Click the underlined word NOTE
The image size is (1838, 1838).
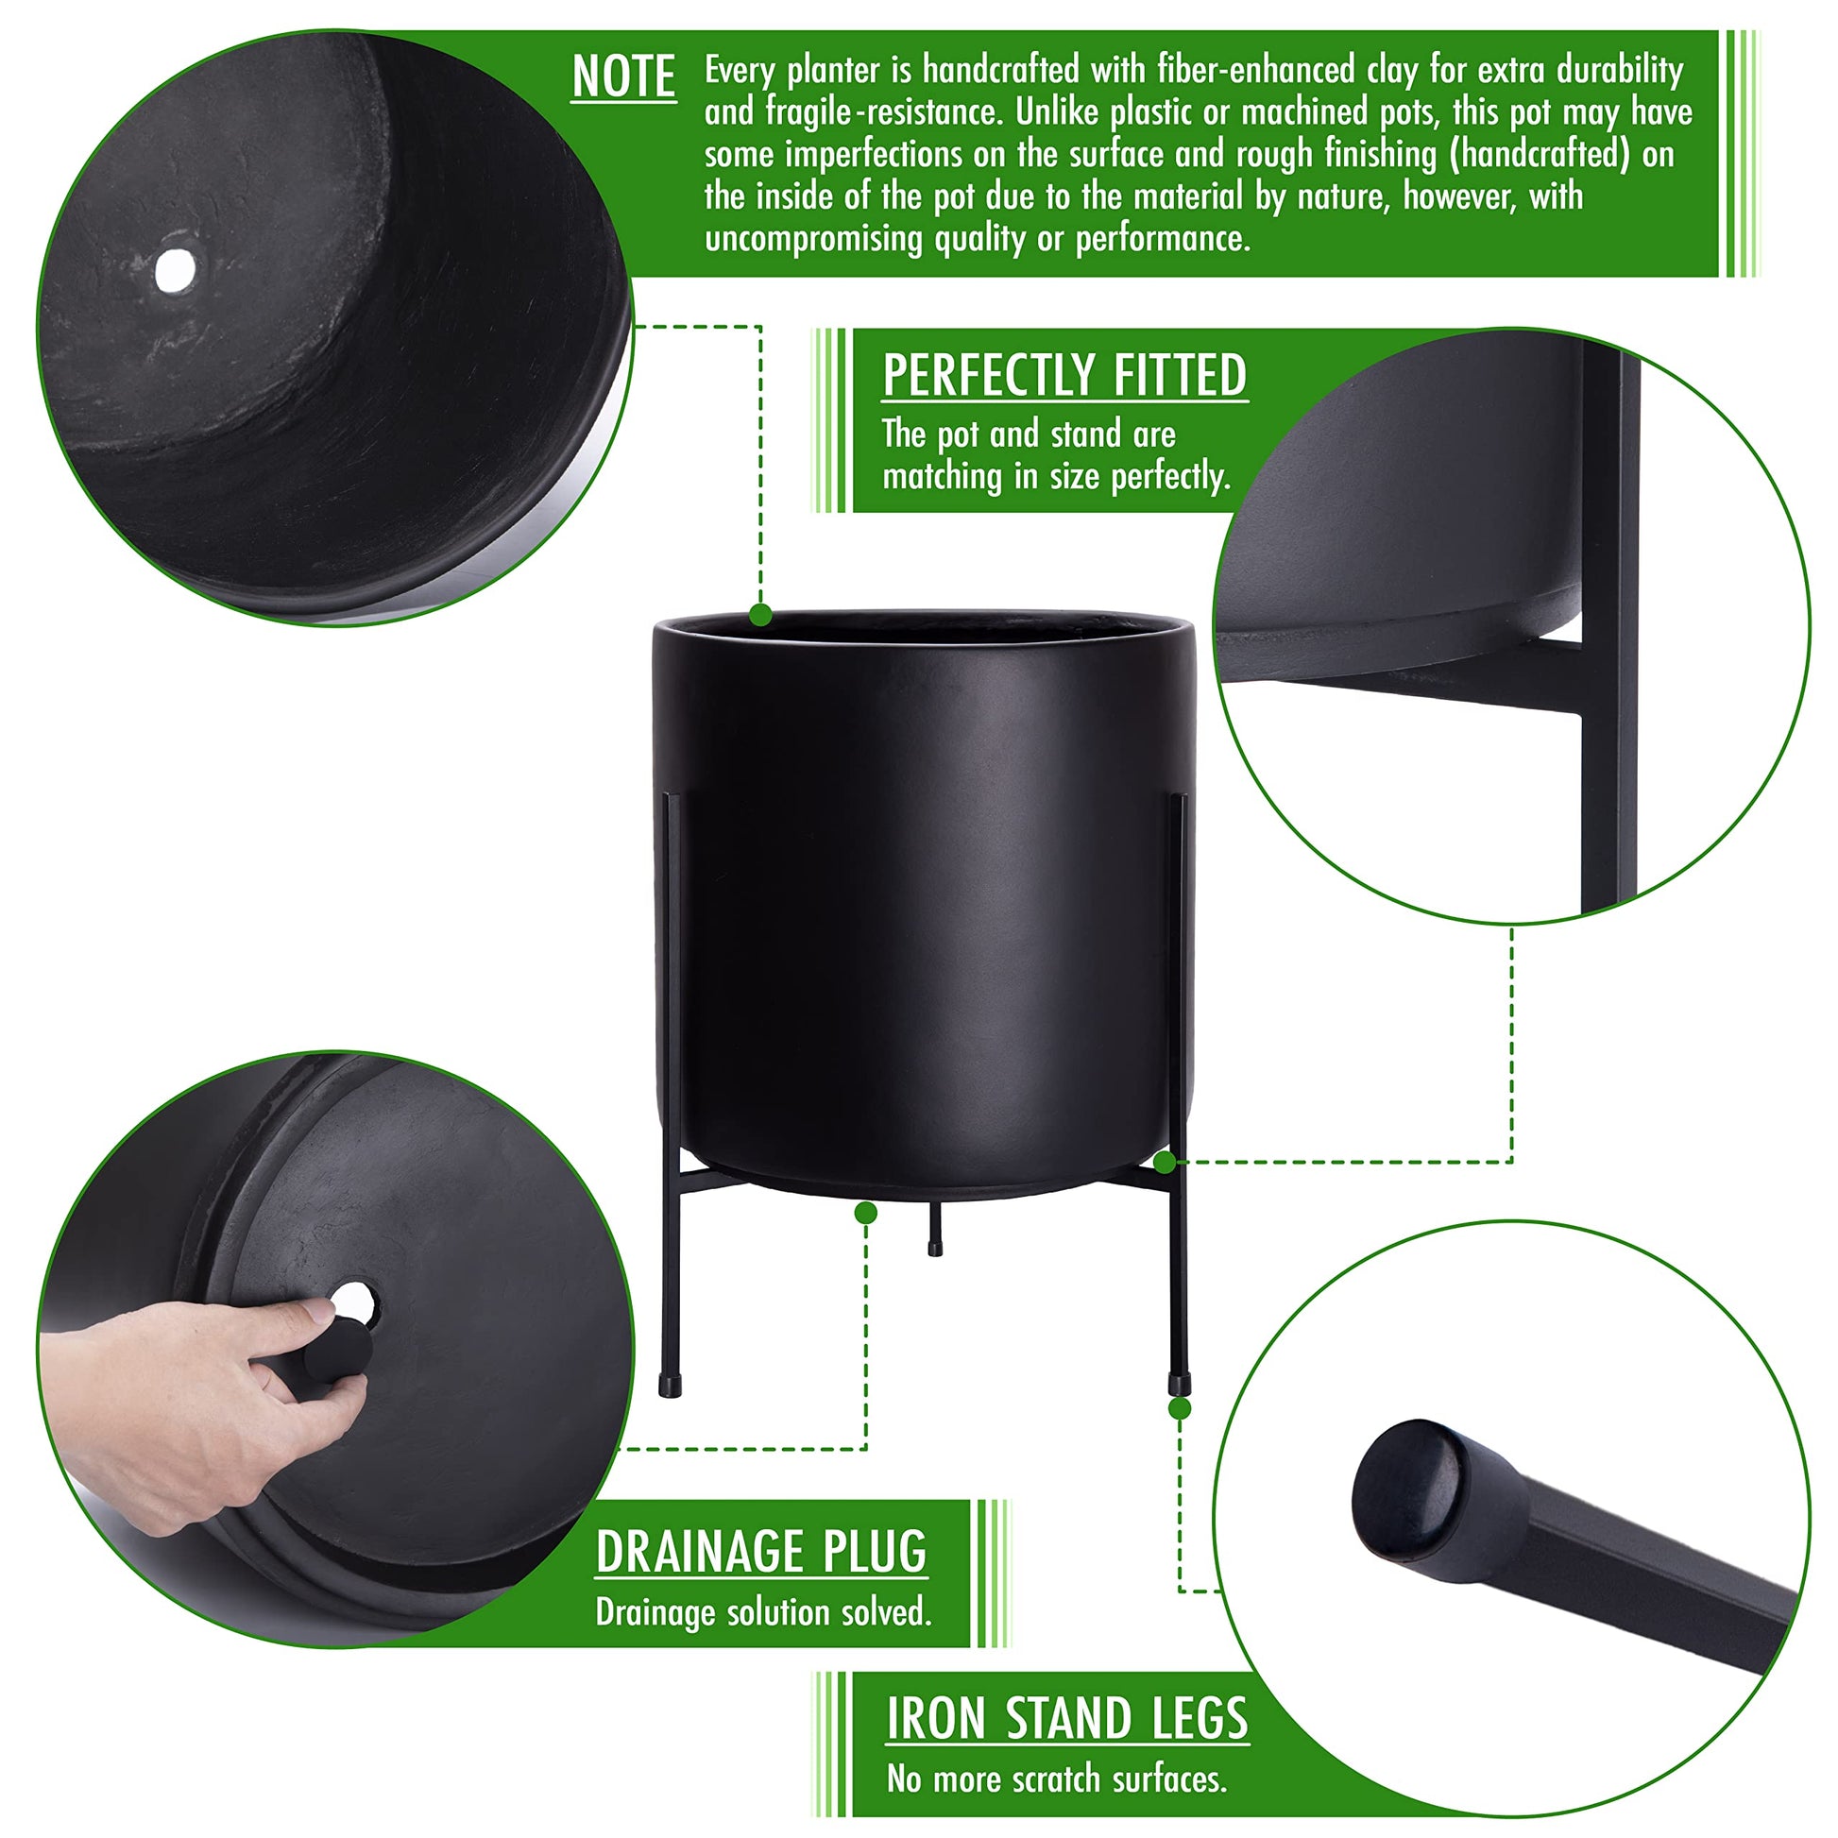tap(623, 77)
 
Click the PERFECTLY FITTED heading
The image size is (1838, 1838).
tap(1064, 376)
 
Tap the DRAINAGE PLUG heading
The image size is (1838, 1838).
tap(761, 1552)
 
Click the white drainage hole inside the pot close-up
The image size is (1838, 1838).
tap(175, 271)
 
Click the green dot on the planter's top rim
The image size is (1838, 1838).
tap(760, 616)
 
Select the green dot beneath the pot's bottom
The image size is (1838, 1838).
tap(866, 1212)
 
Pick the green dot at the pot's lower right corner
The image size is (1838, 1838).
tap(1165, 1162)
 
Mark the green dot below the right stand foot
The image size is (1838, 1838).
tap(1180, 1409)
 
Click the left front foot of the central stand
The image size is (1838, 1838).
tap(670, 1387)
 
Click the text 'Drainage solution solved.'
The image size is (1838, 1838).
tap(763, 1611)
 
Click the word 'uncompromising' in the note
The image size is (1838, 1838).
tap(814, 238)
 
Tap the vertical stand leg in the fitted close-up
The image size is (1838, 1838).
tap(1609, 628)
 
